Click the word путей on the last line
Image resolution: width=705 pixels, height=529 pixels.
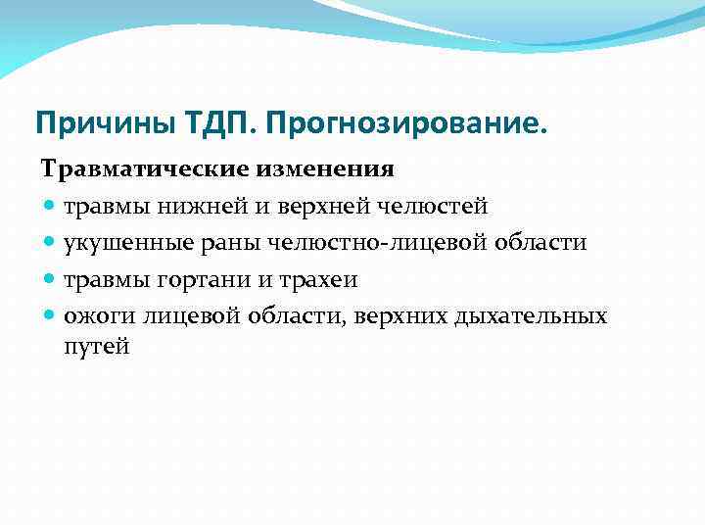click(x=97, y=346)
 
